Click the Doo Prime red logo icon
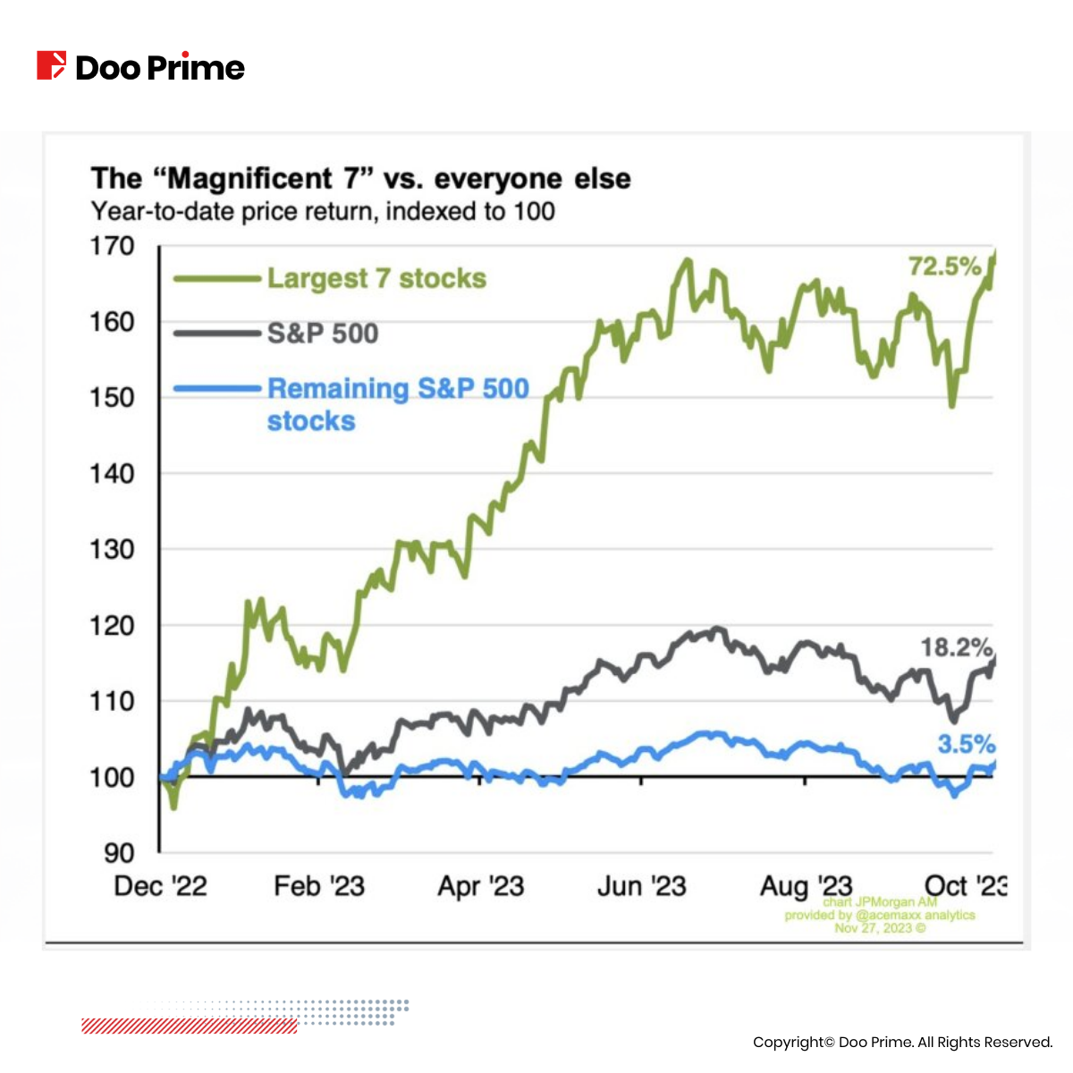click(51, 66)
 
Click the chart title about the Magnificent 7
click(360, 178)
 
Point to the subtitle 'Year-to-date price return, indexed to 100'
click(323, 212)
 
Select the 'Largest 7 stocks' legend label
click(376, 278)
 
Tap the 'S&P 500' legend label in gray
click(323, 334)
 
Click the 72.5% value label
click(944, 266)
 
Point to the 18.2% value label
click(956, 646)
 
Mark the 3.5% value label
click(966, 743)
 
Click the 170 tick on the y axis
click(112, 246)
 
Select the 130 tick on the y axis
click(112, 549)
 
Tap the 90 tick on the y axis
click(119, 852)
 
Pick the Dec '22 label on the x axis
click(161, 886)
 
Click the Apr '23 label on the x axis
click(480, 886)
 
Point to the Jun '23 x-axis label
click(641, 886)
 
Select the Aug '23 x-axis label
click(806, 886)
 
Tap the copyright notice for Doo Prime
click(902, 1042)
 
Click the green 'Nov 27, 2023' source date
click(880, 927)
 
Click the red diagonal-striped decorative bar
click(189, 1026)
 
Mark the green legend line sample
click(215, 279)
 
